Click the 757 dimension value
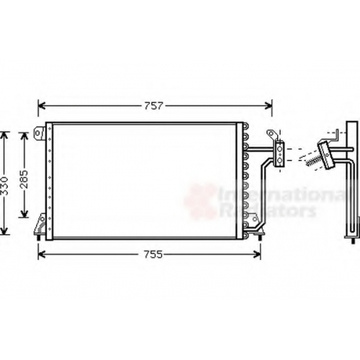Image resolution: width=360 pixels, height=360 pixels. coord(153,106)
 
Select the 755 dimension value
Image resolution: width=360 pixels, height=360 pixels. coord(153,254)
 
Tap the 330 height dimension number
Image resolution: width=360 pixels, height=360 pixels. coord(4,186)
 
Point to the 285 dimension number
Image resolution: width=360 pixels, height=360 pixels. coord(24,179)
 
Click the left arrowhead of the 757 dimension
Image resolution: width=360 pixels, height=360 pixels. coord(42,106)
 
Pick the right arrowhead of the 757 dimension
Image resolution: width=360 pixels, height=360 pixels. coord(269,106)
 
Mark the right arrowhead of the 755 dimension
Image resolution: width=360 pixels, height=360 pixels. coord(257,254)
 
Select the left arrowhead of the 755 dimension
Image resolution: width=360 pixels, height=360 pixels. coord(42,254)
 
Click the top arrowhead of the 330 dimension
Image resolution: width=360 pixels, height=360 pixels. coord(4,135)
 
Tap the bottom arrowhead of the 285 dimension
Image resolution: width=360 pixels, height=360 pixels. coord(24,214)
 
